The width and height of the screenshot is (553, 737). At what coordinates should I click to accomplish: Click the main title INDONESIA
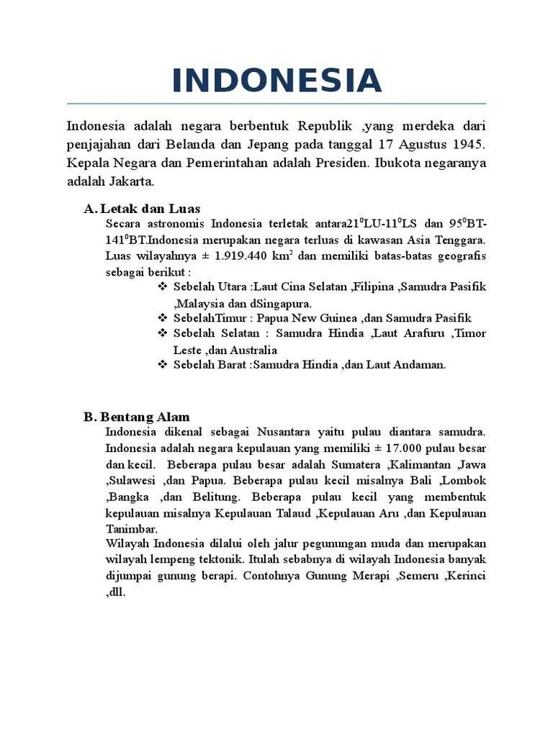[276, 81]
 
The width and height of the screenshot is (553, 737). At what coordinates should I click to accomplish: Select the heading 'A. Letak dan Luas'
[142, 209]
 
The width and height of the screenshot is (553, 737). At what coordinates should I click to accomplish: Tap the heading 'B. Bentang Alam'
[136, 417]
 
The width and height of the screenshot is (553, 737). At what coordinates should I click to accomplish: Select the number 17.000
[387, 448]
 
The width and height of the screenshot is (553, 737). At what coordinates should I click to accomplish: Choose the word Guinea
[336, 318]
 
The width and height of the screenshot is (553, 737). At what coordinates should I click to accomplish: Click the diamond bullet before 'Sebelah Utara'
[162, 287]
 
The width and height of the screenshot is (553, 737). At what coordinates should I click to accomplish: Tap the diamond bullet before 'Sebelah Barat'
[162, 365]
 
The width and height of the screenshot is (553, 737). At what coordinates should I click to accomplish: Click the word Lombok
[466, 480]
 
